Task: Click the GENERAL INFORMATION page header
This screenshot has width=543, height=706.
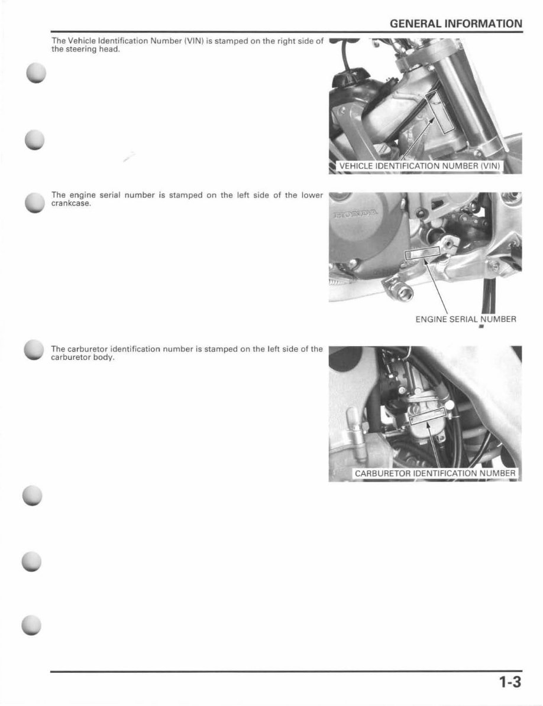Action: pos(455,24)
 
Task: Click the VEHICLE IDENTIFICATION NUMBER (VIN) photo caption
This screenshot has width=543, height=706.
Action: pos(419,166)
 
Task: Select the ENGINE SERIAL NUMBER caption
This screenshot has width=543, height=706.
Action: pos(466,319)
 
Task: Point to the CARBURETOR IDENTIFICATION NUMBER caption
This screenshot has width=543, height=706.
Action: pos(435,473)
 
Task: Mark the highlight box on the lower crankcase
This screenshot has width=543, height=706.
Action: pos(422,255)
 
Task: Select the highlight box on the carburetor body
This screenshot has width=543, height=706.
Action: pos(429,418)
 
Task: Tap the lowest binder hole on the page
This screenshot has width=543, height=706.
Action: pos(33,624)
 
